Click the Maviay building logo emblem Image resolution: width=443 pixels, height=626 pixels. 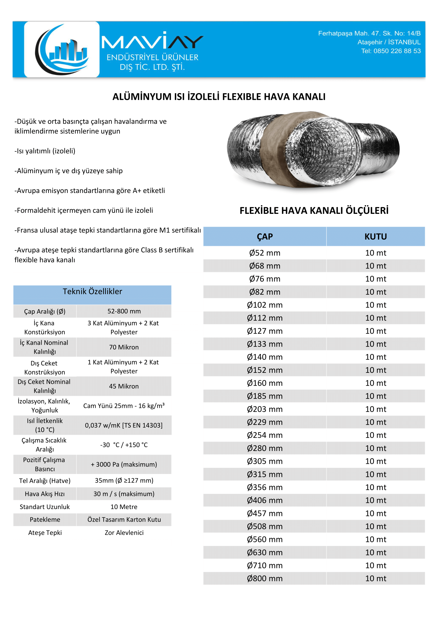coord(62,50)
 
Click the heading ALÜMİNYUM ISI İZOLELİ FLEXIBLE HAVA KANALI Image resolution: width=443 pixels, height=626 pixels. coord(219,97)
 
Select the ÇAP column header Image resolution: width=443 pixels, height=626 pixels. coord(265,237)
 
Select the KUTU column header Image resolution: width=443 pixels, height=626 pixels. coord(376,237)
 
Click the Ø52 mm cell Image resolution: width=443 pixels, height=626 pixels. coord(265,253)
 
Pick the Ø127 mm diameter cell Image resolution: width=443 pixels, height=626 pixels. coord(265,331)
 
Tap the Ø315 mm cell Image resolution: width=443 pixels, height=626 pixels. coord(265,475)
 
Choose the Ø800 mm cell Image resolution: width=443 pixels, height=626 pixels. coord(265,579)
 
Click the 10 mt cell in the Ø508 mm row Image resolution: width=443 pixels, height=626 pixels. coord(376,526)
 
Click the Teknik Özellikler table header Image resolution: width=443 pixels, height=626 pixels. coord(92,292)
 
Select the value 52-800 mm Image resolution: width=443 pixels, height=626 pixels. coord(124,311)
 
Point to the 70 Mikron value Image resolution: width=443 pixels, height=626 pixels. coord(124,347)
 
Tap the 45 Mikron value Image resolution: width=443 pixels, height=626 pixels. coord(124,386)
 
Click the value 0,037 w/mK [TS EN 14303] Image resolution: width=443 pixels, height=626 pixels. coord(124,425)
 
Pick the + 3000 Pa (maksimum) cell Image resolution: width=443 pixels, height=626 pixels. coord(124,465)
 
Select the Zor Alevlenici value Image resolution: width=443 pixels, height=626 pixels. coord(124,533)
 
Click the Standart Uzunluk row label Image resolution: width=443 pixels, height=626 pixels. coord(45,507)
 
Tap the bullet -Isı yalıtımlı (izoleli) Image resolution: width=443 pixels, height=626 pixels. coord(45,151)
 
